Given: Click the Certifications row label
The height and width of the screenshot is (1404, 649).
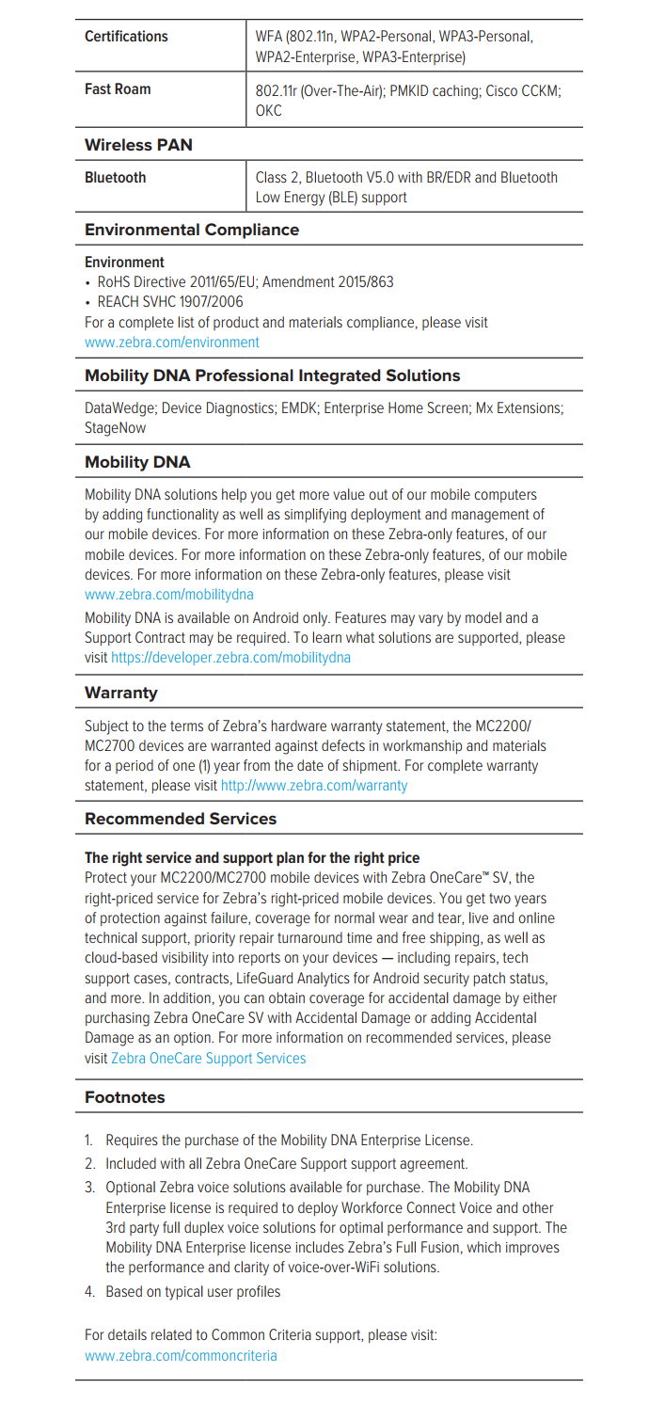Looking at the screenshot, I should [x=126, y=37].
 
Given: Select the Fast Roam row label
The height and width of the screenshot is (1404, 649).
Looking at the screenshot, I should [x=118, y=90].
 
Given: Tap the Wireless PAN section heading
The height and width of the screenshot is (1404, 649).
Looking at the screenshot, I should [x=138, y=145].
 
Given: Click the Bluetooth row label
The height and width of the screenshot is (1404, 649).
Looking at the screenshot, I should [x=115, y=177].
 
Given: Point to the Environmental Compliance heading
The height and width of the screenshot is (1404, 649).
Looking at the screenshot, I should [x=192, y=230].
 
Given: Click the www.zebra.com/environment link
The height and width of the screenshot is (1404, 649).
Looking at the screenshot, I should [x=171, y=343].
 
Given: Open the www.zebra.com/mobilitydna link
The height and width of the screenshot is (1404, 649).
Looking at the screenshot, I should [x=168, y=595].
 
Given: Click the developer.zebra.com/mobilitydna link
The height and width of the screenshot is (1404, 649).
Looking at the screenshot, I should [x=230, y=658].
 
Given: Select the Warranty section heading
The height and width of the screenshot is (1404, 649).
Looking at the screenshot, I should [x=121, y=693].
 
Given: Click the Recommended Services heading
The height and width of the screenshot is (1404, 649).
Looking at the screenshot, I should [x=181, y=819].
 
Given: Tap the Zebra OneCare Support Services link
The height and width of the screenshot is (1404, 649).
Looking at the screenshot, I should [x=208, y=1059].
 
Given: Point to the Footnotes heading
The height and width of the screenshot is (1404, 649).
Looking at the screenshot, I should [x=124, y=1097].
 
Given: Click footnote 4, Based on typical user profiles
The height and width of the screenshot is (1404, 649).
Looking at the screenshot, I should [x=192, y=1292].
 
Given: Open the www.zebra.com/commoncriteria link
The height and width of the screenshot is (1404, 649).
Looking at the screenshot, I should [x=181, y=1356].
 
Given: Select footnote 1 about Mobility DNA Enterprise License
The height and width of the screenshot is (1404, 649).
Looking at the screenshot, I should [x=288, y=1141].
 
